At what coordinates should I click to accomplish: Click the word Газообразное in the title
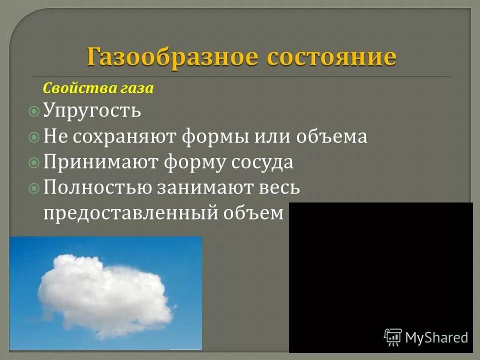point(169,57)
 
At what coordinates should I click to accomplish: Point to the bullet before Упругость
point(34,111)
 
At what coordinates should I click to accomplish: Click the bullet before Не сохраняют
point(34,137)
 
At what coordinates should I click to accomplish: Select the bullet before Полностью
point(34,188)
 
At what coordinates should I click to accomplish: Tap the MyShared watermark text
point(436,337)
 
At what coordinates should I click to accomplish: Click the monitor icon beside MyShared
point(393,337)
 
